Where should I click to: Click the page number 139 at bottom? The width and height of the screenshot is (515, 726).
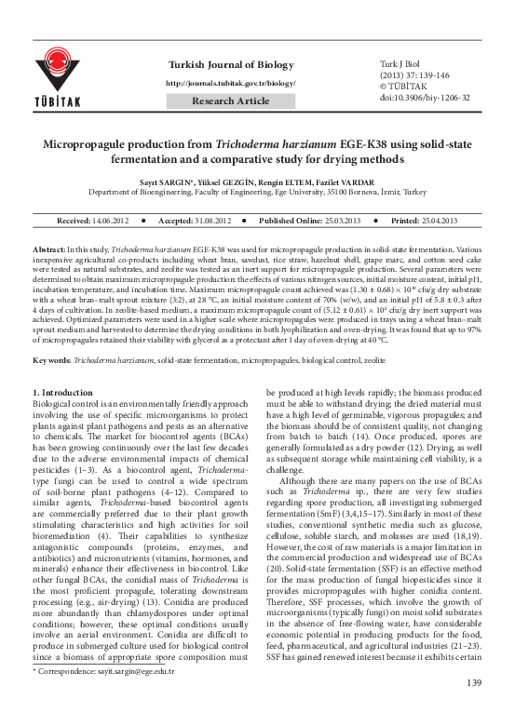[x=473, y=710]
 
